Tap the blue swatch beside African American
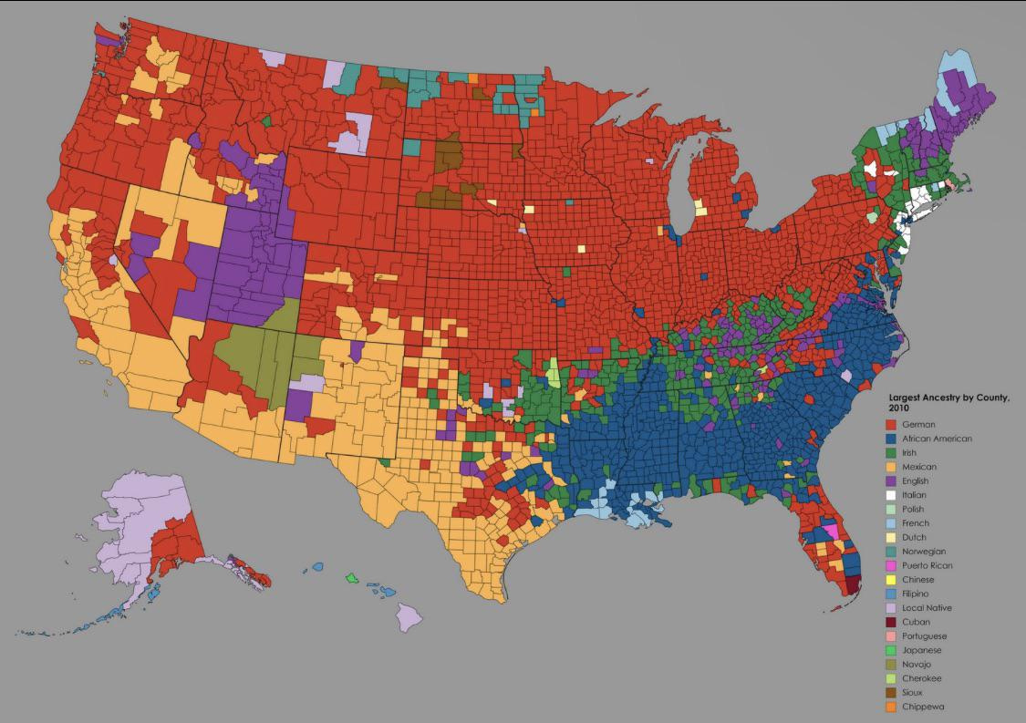893,439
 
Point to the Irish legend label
908,452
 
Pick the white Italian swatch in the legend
893,495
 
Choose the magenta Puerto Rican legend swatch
893,565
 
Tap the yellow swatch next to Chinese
893,580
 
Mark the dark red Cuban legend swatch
893,622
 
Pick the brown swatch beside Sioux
893,693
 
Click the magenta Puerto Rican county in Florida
830,532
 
